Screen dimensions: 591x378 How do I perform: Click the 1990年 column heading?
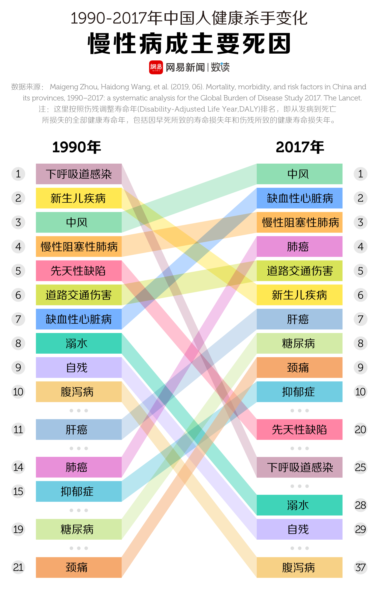(x=76, y=147)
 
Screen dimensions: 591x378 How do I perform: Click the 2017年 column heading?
(x=300, y=147)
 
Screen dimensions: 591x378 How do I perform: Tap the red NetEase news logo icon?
(x=156, y=67)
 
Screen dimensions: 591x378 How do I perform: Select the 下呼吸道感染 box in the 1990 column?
(x=79, y=174)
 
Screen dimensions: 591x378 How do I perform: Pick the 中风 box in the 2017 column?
(x=299, y=174)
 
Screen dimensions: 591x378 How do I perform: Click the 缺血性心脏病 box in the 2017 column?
(x=299, y=198)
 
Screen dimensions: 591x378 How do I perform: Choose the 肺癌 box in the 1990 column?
(x=79, y=467)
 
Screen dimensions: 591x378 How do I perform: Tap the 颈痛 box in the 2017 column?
(x=299, y=367)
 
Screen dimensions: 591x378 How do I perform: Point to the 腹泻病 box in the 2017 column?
(x=299, y=567)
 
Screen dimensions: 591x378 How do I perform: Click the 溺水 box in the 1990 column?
(x=79, y=343)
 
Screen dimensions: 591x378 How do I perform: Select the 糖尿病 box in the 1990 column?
(x=79, y=529)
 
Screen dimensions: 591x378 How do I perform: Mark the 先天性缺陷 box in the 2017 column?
(x=299, y=429)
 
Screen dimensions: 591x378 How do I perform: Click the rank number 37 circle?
(x=360, y=567)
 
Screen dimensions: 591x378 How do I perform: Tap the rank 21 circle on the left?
(x=18, y=567)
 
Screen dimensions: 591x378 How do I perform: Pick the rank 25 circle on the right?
(x=360, y=467)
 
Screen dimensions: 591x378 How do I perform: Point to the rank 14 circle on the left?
(x=18, y=467)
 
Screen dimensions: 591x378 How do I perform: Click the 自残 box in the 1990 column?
(x=79, y=367)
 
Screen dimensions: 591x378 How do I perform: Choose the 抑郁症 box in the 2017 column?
(x=299, y=392)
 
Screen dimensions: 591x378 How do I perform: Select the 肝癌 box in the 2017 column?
(x=299, y=319)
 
